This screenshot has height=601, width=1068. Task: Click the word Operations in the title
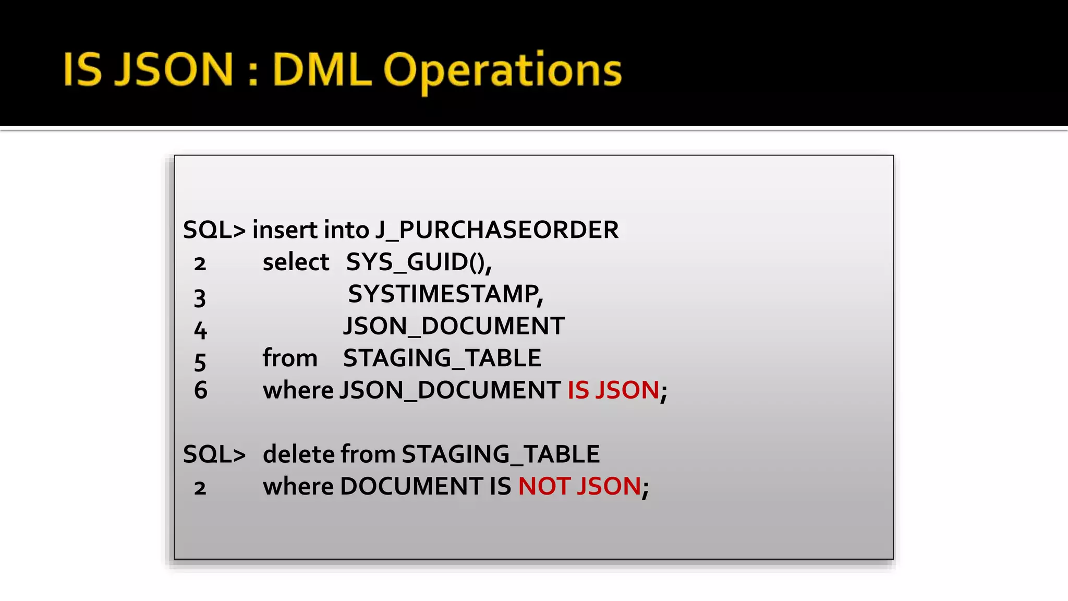point(502,70)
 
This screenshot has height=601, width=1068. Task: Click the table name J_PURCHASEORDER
point(497,230)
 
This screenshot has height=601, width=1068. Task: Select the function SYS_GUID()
point(418,262)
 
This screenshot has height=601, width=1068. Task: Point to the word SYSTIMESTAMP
point(444,294)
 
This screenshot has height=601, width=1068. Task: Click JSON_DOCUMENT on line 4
point(454,327)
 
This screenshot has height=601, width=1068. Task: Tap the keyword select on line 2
point(296,262)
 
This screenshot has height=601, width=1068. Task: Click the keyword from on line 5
point(290,358)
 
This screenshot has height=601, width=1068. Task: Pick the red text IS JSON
point(613,390)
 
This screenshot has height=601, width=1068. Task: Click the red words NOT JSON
point(579,487)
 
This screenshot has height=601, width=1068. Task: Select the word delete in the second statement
point(299,454)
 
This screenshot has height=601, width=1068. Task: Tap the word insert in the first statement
point(285,230)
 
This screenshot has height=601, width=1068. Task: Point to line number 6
point(200,391)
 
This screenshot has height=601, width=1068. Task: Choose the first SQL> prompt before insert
point(214,230)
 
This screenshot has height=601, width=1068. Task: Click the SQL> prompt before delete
point(214,454)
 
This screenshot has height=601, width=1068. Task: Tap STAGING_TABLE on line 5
point(442,358)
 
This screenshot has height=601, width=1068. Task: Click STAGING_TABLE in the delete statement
point(500,454)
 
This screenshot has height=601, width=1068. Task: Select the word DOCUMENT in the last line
point(411,487)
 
